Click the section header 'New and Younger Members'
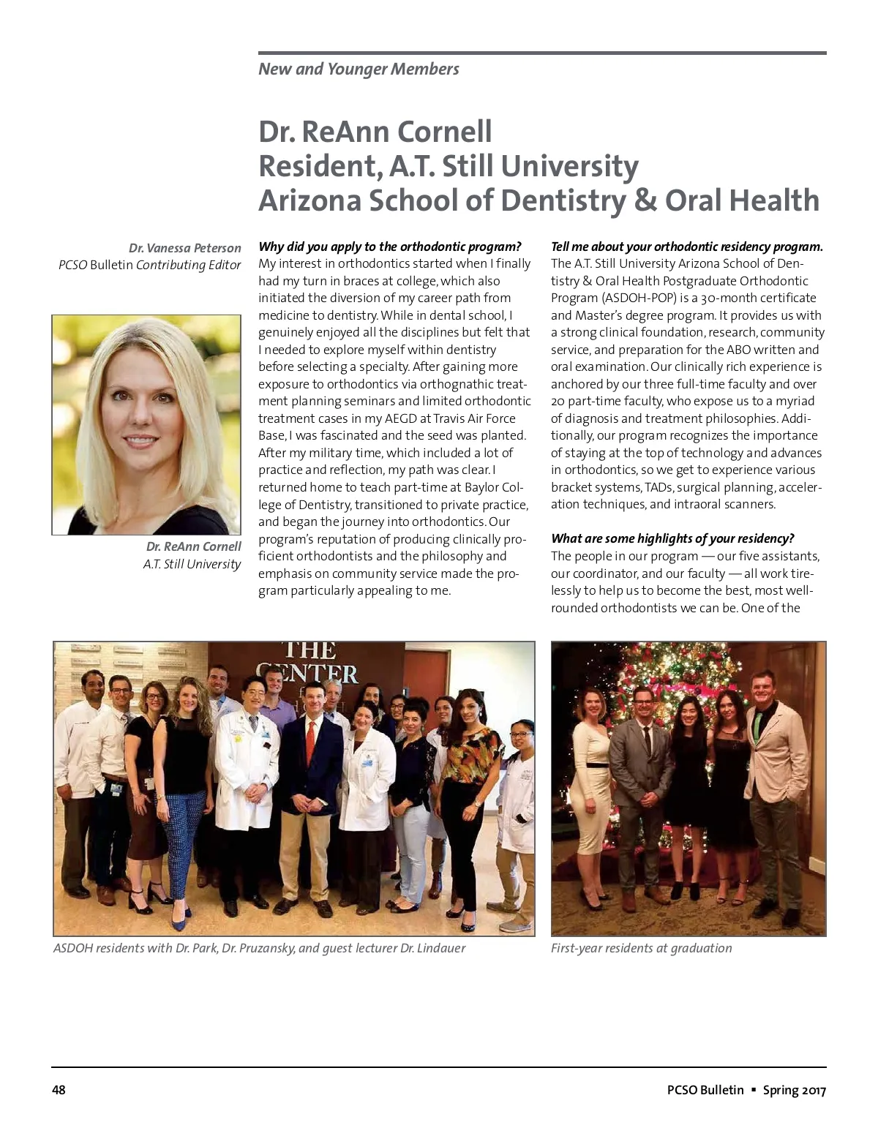click(359, 69)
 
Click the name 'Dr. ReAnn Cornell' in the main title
click(375, 132)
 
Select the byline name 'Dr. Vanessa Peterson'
click(184, 248)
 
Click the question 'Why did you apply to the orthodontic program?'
click(390, 247)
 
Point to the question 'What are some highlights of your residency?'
click(672, 538)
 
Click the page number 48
click(59, 1090)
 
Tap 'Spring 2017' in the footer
click(794, 1090)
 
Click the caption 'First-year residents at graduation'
click(641, 948)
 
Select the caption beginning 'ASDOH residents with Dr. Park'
click(259, 948)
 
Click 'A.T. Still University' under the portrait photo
click(192, 564)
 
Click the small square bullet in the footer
click(754, 1090)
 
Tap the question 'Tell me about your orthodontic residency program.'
click(686, 247)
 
